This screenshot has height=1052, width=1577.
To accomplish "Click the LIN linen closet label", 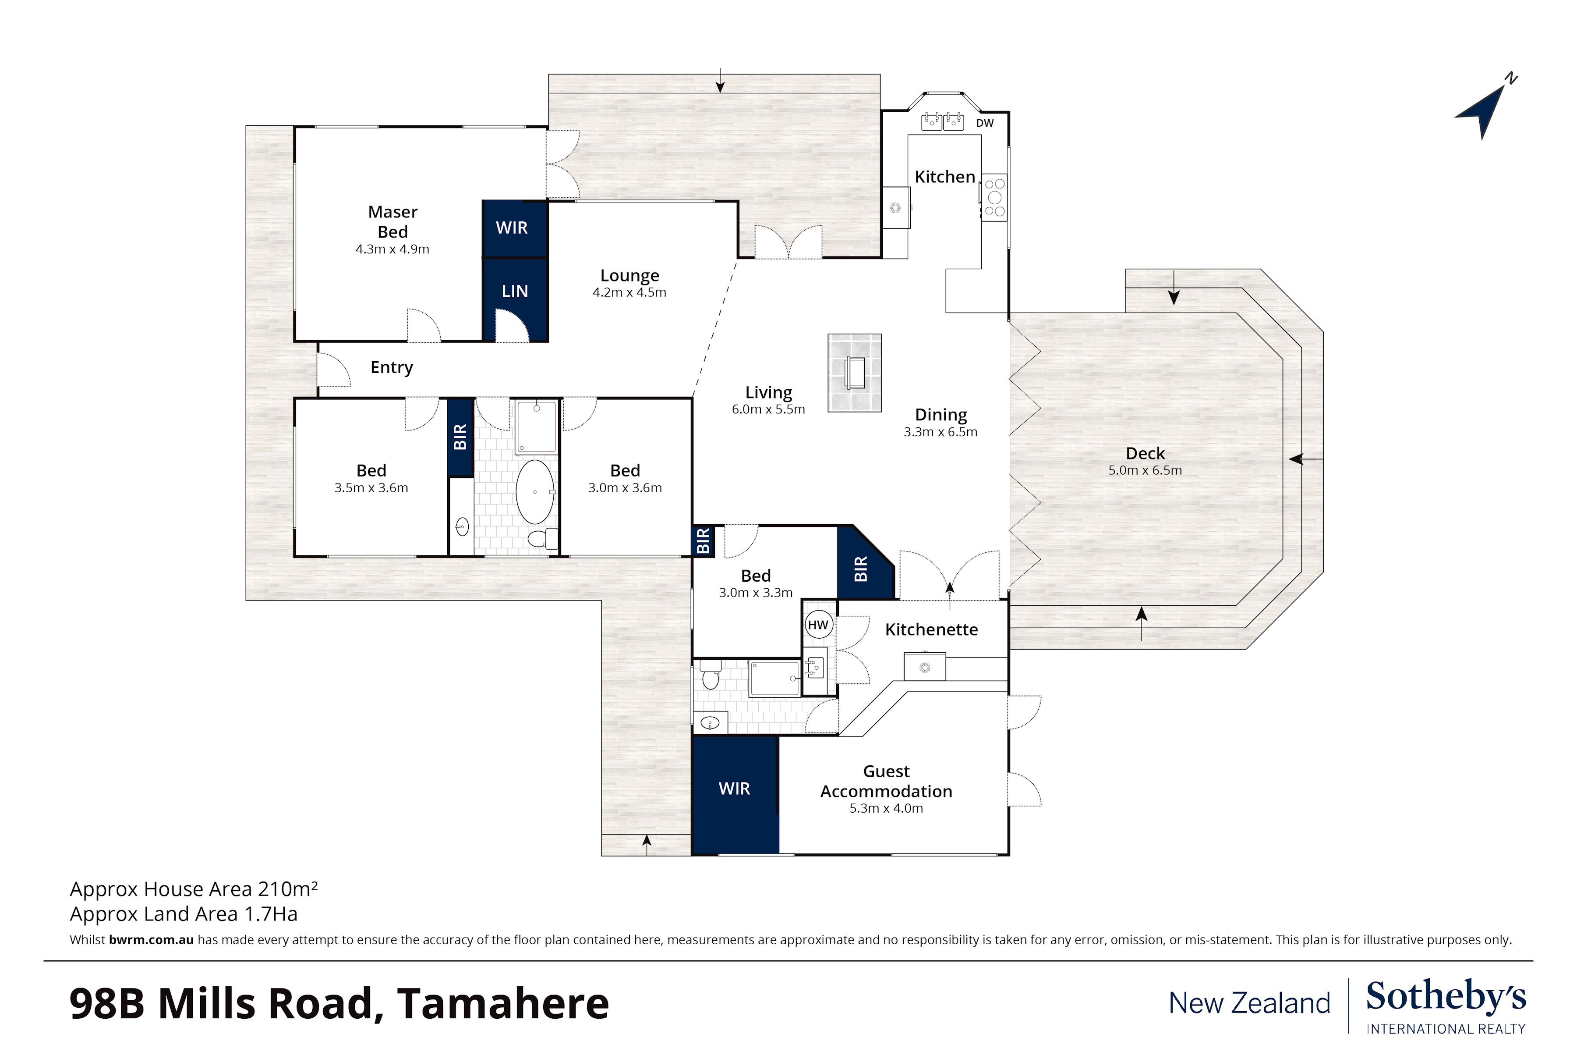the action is point(515,291).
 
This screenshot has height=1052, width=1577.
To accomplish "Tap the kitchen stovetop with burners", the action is point(994,197).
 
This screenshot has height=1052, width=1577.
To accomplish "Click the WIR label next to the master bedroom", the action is point(512,227).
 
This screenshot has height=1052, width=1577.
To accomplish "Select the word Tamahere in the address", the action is point(503,1004).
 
